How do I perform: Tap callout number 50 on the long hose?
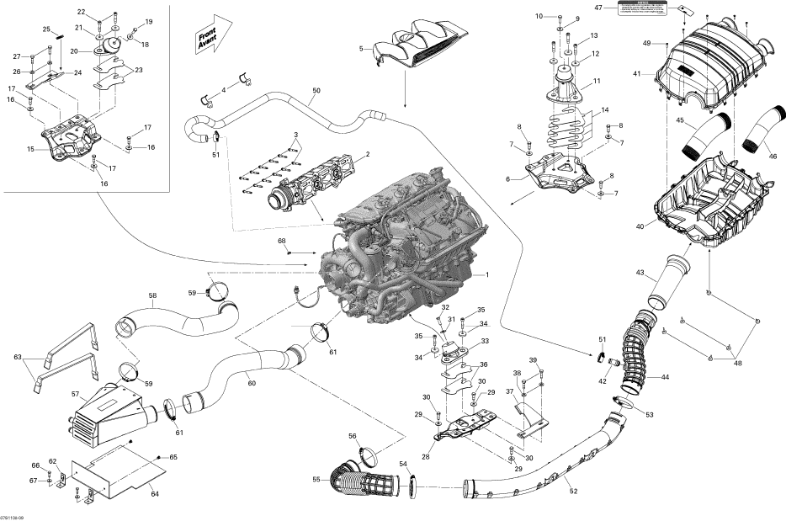(x=316, y=90)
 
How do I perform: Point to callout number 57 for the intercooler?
(x=75, y=394)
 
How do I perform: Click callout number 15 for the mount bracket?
(x=30, y=150)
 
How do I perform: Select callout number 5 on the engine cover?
(x=362, y=49)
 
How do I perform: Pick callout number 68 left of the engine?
(x=283, y=242)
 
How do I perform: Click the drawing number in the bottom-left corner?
(x=13, y=516)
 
